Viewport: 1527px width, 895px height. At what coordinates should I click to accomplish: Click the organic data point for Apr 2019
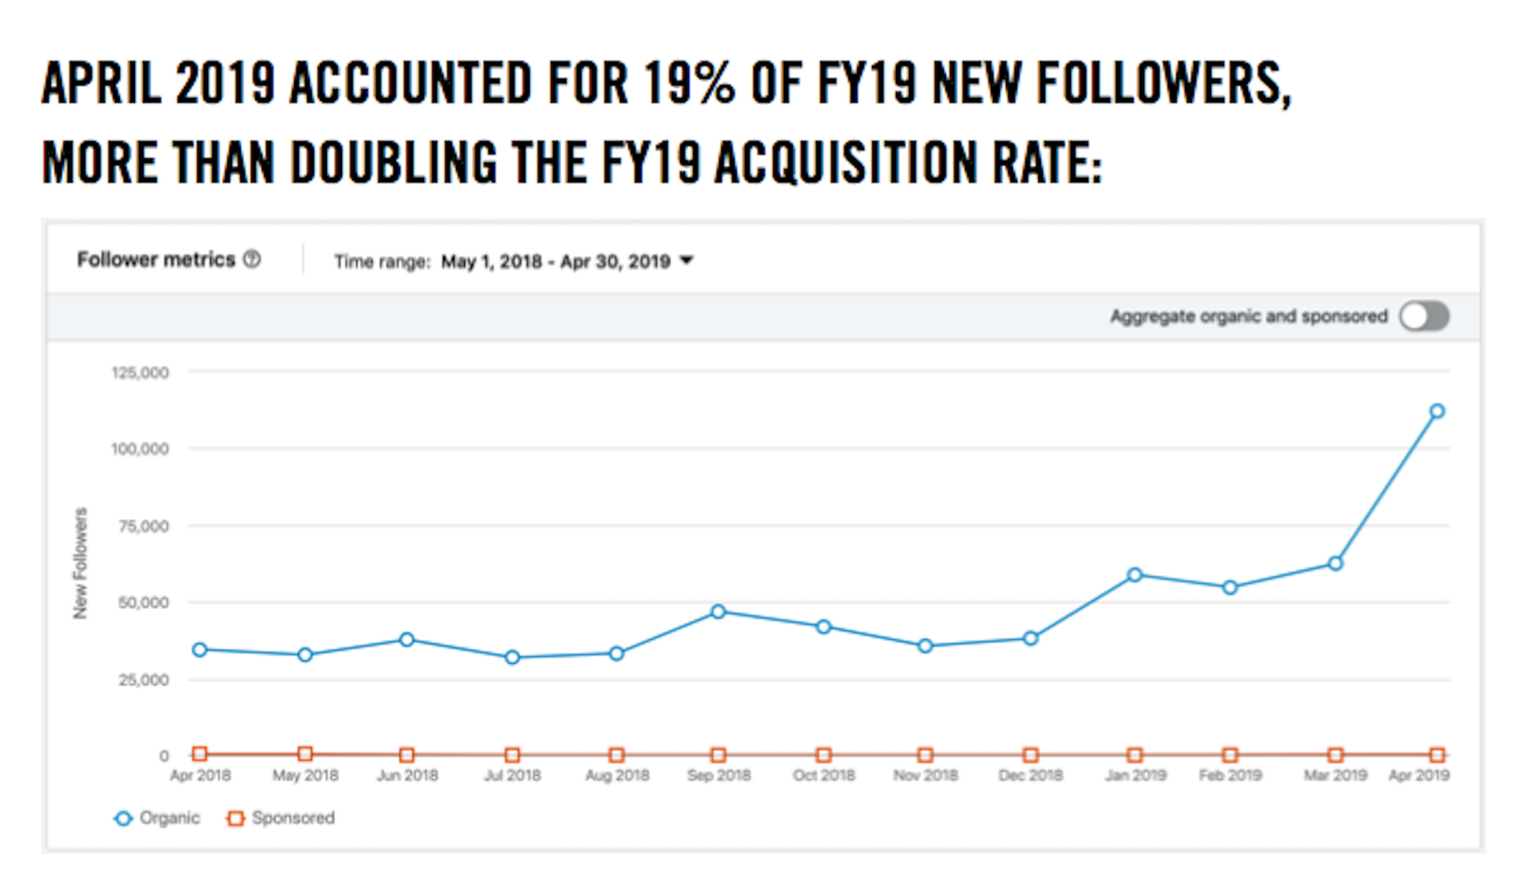1437,411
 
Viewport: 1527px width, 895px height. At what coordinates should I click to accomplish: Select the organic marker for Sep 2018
718,612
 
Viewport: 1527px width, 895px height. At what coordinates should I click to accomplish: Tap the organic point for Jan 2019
1134,575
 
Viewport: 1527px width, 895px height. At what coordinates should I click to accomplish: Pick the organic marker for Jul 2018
512,657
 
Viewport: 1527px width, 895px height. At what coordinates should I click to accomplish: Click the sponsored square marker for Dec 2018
1030,755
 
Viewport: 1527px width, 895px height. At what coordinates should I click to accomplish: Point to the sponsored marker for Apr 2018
200,754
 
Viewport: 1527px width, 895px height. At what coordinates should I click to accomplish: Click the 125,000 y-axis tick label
140,373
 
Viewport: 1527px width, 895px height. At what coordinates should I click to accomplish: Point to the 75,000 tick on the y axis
144,527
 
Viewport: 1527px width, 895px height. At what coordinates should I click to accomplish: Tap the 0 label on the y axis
164,756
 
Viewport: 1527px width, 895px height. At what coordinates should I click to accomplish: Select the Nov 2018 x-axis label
925,775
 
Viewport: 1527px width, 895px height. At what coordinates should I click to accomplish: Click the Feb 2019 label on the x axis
1230,775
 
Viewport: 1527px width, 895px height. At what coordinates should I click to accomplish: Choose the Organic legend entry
157,818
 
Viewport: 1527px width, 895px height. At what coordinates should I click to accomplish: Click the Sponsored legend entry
281,818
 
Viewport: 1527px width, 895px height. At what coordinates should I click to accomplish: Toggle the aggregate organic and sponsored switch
1424,316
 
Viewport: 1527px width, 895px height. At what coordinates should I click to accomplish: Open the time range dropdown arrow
687,260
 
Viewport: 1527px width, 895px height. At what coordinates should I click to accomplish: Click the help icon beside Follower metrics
252,260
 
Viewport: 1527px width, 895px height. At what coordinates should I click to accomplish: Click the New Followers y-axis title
80,563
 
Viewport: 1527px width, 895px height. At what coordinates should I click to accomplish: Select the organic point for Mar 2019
1335,563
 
